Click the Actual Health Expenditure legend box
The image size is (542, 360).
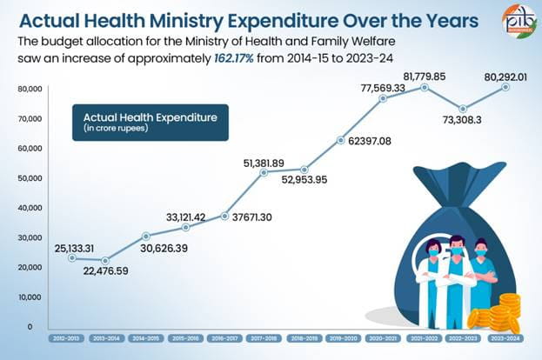150,122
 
